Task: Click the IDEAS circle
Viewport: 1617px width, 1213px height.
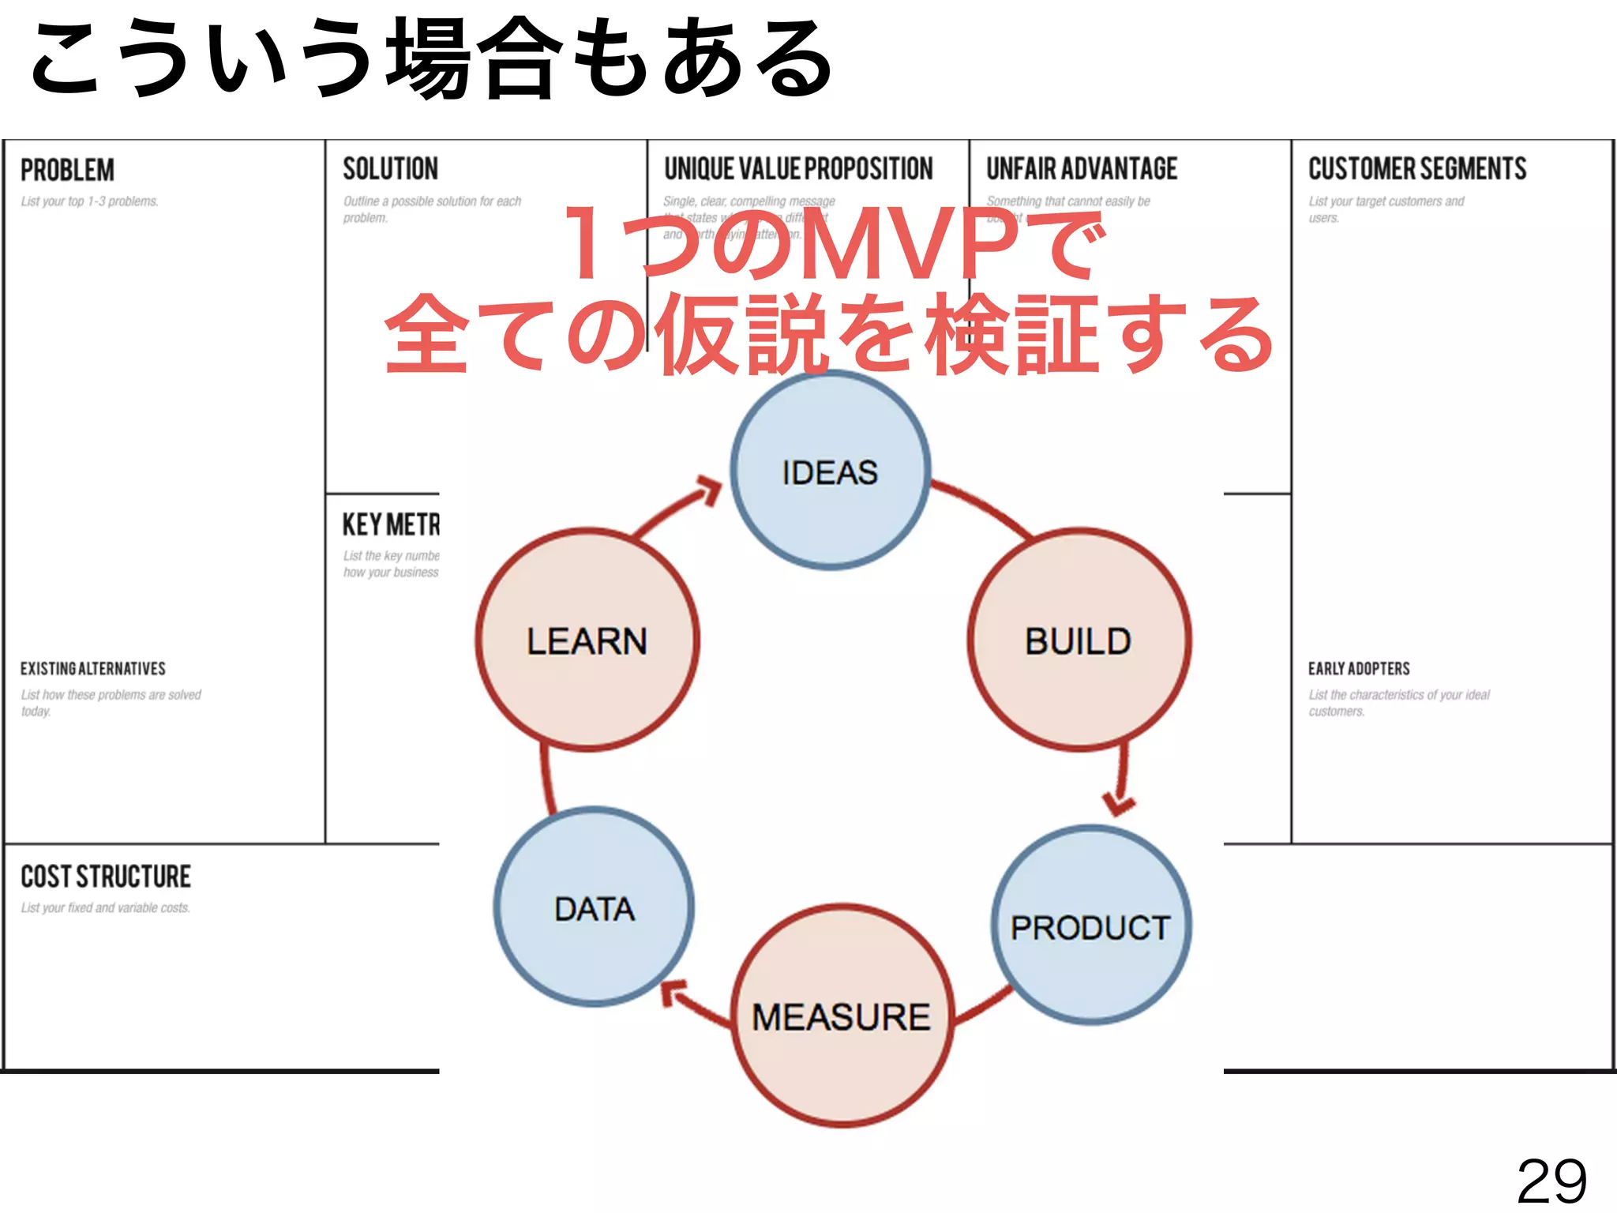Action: pyautogui.click(x=830, y=471)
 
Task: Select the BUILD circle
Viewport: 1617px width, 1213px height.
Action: pyautogui.click(x=1079, y=640)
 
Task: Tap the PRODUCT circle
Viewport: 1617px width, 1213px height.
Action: pyautogui.click(x=1091, y=926)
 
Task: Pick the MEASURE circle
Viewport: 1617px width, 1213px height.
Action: pyautogui.click(x=842, y=1016)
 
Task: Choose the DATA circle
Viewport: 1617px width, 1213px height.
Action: pyautogui.click(x=595, y=907)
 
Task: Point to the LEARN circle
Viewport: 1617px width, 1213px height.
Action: pyautogui.click(x=587, y=640)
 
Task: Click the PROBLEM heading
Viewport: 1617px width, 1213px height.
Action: pyautogui.click(x=67, y=170)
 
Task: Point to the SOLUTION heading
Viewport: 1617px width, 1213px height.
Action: pyautogui.click(x=390, y=168)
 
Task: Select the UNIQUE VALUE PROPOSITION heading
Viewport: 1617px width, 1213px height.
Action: pyautogui.click(x=798, y=168)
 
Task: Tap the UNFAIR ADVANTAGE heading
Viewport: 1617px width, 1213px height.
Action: pyautogui.click(x=1082, y=168)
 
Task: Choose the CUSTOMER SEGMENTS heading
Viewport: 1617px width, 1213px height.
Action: pyautogui.click(x=1417, y=168)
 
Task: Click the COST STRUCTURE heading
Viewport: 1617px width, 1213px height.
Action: pyautogui.click(x=106, y=876)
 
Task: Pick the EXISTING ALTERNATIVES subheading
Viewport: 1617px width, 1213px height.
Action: pyautogui.click(x=93, y=669)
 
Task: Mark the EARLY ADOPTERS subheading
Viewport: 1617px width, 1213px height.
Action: pyautogui.click(x=1359, y=669)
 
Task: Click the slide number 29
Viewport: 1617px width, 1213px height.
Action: pyautogui.click(x=1551, y=1181)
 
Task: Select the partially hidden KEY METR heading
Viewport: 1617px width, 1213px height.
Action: pyautogui.click(x=391, y=524)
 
